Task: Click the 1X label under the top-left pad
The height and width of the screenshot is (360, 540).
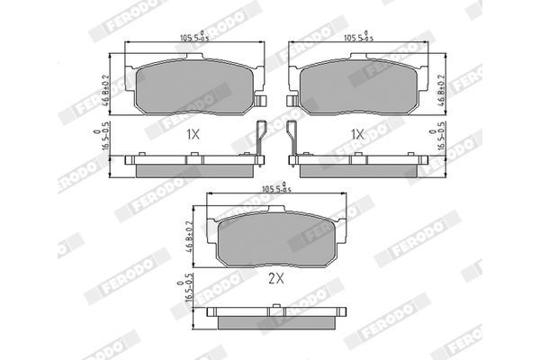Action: pyautogui.click(x=192, y=134)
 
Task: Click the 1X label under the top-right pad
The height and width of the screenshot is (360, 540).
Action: pyautogui.click(x=356, y=134)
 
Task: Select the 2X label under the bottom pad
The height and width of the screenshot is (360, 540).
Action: pyautogui.click(x=275, y=280)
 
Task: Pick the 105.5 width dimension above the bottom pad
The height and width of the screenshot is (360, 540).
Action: pyautogui.click(x=275, y=188)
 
